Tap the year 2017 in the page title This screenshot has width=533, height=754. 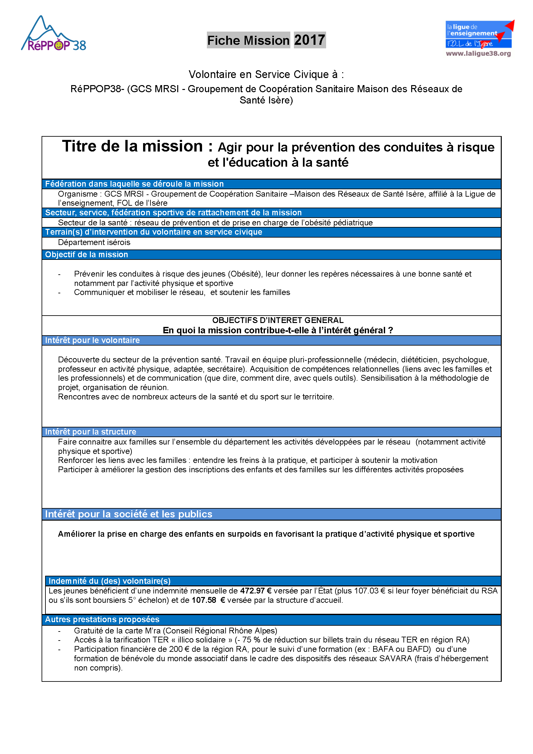309,40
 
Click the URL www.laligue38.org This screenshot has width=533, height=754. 478,53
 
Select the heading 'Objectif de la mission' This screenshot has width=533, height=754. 86,255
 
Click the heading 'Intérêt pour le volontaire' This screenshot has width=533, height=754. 92,340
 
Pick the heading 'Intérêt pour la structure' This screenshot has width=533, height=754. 90,432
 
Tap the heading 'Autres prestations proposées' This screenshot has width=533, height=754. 102,619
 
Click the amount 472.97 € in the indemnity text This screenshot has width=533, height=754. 256,591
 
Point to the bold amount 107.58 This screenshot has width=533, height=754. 204,600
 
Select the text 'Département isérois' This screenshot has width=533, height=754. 94,242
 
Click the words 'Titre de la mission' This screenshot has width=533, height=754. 132,146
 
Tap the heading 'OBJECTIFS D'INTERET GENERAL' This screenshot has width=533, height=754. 278,320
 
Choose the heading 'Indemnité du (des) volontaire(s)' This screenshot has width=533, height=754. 109,581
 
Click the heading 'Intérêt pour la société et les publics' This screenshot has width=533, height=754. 128,514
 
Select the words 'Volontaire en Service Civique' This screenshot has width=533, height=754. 263,74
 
